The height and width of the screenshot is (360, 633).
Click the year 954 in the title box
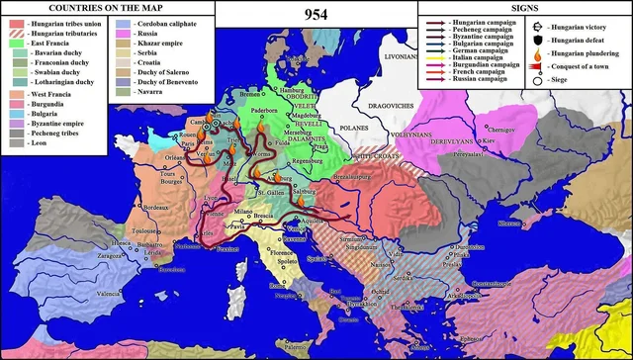tap(315, 13)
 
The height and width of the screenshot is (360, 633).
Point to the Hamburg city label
tap(294, 90)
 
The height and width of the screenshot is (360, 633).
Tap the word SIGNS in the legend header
tap(523, 8)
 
